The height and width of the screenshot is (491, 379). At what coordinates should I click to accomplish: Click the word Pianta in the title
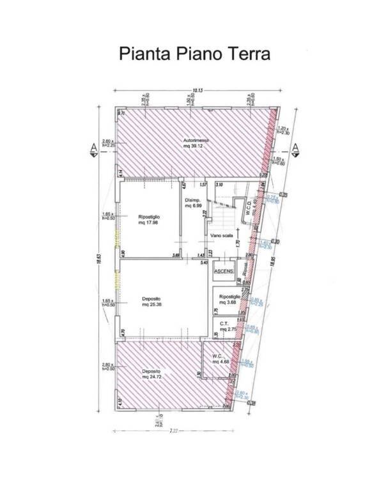(140, 54)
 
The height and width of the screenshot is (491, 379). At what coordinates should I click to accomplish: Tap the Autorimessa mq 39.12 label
(195, 143)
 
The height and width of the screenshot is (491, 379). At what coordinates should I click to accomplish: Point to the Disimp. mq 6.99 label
(194, 203)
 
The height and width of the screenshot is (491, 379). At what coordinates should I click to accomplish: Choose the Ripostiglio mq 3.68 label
(229, 300)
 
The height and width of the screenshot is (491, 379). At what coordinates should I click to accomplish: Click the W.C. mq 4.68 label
(220, 359)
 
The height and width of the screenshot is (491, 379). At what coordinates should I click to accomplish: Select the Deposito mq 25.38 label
(151, 302)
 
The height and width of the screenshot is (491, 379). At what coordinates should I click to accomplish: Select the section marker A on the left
(94, 148)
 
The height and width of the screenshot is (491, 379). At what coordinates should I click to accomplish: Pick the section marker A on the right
(295, 148)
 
